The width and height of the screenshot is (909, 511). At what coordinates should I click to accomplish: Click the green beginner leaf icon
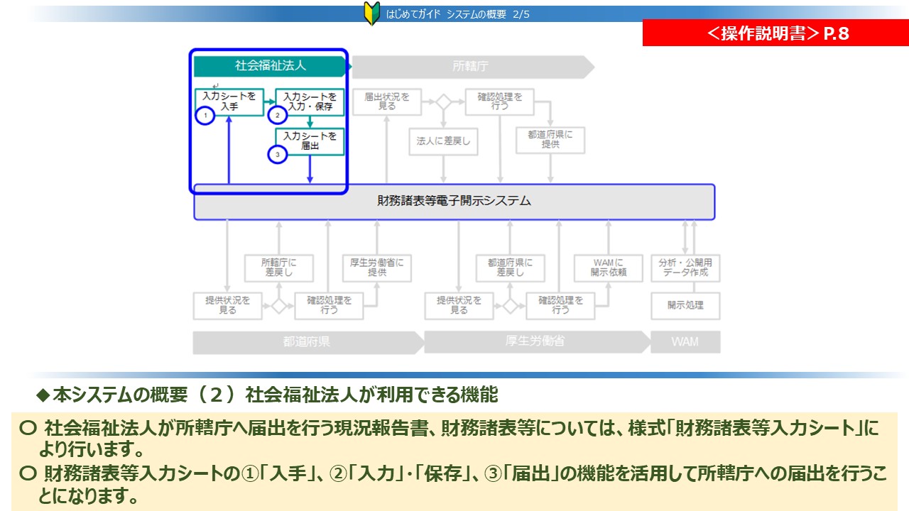pos(371,13)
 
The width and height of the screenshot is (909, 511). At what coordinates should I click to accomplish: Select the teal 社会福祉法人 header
pos(271,66)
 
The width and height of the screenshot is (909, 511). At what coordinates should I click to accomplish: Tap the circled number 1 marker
pos(205,115)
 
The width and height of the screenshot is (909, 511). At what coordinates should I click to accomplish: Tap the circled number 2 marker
pos(277,115)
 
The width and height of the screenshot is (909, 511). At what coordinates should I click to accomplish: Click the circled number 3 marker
pos(278,153)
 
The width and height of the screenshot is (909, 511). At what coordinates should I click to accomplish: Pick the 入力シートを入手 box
pos(229,101)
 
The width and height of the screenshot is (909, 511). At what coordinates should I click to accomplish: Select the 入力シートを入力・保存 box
pos(309,101)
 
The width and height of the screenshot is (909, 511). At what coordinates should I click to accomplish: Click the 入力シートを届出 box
pos(310,141)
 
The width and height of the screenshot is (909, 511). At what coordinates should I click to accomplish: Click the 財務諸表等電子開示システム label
pos(454,202)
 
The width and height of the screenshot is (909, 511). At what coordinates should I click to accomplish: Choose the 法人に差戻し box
pos(443,141)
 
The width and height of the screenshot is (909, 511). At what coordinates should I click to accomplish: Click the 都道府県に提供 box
pos(550,140)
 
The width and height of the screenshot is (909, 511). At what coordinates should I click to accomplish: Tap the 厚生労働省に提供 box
pos(376,268)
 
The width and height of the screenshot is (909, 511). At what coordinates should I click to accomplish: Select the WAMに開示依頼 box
pos(608,268)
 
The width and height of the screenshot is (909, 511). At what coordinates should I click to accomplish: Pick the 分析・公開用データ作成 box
pos(685,268)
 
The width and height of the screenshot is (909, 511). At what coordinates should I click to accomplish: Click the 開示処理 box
pos(685,306)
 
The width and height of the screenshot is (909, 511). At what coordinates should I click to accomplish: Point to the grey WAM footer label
pos(685,341)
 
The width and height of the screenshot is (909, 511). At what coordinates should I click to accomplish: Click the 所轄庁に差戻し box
pos(278,268)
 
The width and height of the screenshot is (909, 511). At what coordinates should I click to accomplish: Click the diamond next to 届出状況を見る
pos(443,101)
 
